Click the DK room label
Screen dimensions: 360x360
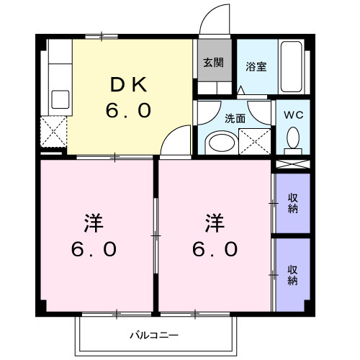130,86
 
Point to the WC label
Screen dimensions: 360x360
293,114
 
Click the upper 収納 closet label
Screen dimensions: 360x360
293,203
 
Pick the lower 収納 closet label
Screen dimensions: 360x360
293,276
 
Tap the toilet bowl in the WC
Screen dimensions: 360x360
293,137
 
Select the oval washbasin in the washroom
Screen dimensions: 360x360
220,140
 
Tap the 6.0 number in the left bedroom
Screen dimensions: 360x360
93,249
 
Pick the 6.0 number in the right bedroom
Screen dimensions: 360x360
215,249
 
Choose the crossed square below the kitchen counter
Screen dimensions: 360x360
55,132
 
